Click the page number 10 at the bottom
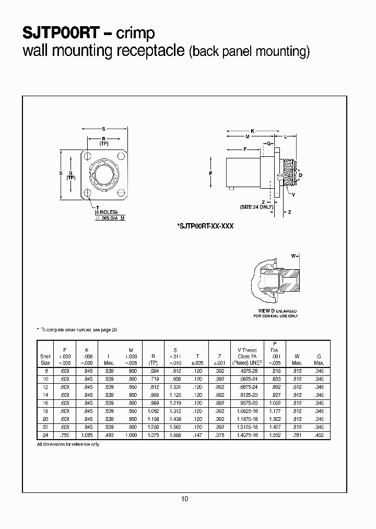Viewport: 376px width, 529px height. pos(184,499)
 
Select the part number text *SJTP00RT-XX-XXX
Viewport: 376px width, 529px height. pos(205,225)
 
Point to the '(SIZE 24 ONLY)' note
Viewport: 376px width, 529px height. pos(256,208)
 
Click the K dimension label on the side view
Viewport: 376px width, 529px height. pos(253,130)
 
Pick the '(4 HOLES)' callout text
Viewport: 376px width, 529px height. pos(106,213)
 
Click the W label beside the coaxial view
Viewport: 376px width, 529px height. pos(293,256)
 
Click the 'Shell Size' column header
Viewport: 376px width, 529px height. pos(45,359)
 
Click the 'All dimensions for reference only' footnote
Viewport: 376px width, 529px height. pos(67,444)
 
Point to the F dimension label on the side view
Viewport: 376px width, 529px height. pos(245,149)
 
